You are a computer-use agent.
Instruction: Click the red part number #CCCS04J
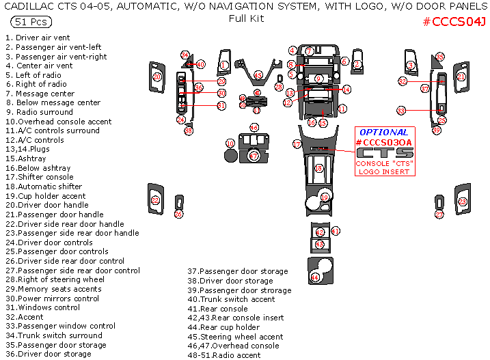[454, 22]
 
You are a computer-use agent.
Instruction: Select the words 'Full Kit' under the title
[246, 18]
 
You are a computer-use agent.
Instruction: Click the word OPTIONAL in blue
[383, 132]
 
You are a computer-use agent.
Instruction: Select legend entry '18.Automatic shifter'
[44, 186]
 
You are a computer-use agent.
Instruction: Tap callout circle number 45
[258, 75]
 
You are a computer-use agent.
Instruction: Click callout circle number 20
[157, 77]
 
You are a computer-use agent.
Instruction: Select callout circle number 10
[230, 143]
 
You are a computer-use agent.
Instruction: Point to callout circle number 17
[297, 144]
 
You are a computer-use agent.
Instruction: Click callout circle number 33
[401, 110]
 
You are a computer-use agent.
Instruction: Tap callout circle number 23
[462, 201]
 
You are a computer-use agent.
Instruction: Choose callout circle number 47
[254, 156]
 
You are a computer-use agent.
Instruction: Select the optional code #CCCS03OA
[384, 142]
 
